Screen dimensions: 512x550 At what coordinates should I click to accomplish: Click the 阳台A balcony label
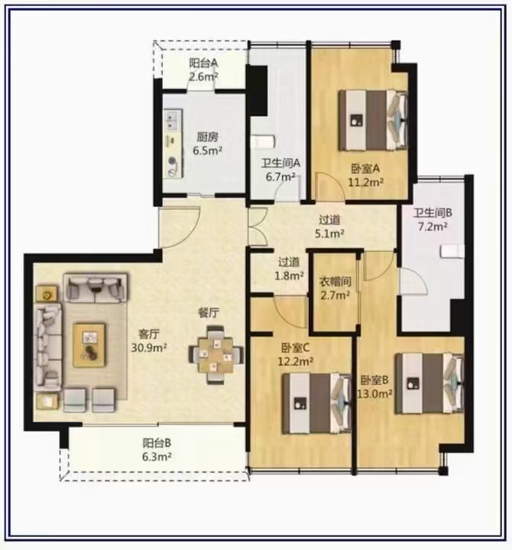pos(203,63)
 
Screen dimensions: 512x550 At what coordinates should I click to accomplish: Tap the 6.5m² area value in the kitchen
pos(207,150)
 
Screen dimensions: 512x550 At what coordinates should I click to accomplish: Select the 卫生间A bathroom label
pos(280,163)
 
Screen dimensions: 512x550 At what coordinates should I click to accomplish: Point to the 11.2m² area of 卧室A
pos(365,183)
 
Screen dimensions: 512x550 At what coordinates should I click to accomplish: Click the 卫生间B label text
pos(433,213)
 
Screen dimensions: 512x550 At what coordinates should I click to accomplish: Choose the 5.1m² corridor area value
pos(329,234)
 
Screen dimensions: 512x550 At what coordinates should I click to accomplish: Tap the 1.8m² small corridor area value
pos(289,276)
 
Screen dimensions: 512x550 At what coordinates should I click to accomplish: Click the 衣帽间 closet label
pos(335,281)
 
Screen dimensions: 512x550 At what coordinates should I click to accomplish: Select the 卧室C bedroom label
pos(296,348)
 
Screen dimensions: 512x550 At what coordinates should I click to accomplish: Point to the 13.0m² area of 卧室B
pos(374,394)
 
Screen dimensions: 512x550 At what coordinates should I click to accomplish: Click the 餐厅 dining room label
pos(209,313)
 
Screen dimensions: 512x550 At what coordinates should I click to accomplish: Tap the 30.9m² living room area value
pos(149,348)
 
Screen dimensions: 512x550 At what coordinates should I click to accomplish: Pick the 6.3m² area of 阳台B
pos(157,457)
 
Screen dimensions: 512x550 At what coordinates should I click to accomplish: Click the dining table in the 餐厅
pos(215,354)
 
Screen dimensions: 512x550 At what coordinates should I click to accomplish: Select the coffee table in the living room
pos(89,345)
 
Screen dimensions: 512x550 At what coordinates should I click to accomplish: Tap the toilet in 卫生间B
pos(452,251)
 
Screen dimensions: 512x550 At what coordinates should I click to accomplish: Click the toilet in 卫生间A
pos(263,142)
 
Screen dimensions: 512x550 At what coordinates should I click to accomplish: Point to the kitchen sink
pos(172,120)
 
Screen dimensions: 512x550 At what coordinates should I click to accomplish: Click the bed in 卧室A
pos(373,121)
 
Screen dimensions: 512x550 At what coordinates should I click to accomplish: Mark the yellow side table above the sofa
pos(47,294)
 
